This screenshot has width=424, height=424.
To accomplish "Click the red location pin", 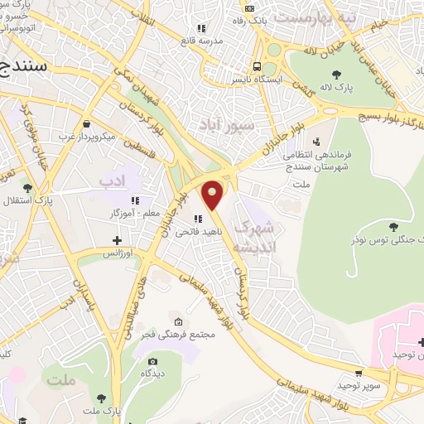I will [213, 195].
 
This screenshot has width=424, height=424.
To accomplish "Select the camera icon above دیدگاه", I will [153, 362].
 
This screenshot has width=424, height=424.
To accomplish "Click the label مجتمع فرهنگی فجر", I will [180, 335].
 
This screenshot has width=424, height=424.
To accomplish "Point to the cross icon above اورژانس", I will [118, 240].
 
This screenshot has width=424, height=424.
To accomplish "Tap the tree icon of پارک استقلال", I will [27, 188].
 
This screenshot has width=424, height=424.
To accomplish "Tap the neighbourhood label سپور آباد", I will [222, 124].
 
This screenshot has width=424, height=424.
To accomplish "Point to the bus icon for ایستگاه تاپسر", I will [258, 67].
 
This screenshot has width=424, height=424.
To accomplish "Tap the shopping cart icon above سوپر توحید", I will [358, 373].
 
